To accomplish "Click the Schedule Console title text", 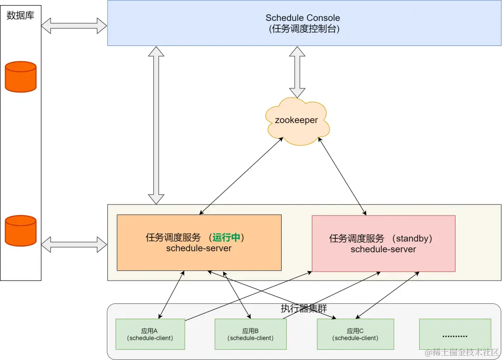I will (x=303, y=18).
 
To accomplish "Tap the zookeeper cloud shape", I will (x=297, y=121).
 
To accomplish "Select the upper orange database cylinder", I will (x=20, y=77).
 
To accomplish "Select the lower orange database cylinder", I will (x=20, y=230).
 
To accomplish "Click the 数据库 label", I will (x=20, y=16).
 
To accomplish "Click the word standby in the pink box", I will (x=411, y=239).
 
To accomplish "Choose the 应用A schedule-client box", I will (x=150, y=334).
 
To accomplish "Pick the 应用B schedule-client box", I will (x=250, y=334).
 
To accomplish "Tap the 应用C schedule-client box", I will (x=355, y=334).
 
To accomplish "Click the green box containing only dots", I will (x=455, y=334).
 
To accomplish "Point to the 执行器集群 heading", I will (x=304, y=309).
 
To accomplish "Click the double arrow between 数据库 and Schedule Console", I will (x=74, y=26).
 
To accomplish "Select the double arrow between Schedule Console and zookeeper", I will (x=297, y=72).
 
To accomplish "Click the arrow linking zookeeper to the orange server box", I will (x=241, y=176).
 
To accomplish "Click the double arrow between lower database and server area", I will (x=74, y=244).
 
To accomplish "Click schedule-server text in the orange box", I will (x=199, y=249).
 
